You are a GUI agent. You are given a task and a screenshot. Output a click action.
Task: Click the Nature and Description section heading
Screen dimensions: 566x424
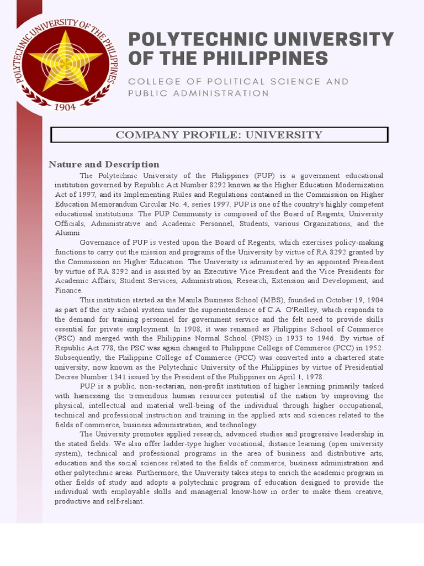[104, 164]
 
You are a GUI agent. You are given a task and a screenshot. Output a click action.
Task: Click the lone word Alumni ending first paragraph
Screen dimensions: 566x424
[66, 233]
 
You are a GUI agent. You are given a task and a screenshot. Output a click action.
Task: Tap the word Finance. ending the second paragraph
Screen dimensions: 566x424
[68, 290]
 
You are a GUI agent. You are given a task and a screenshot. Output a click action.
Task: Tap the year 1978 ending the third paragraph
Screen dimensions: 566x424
[314, 376]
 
